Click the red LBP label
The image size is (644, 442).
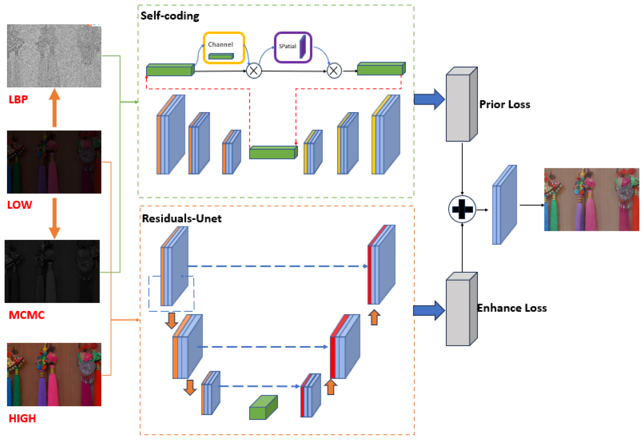coord(18,99)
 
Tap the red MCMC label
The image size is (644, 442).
coord(27,315)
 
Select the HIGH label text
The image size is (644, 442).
coord(22,418)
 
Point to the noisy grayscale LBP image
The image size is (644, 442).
coord(54,56)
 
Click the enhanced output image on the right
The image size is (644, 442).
coord(591,199)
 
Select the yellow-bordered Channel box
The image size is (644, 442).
coord(224,48)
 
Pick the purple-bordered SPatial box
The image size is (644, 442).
coord(293,47)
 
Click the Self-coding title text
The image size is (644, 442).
coord(170,16)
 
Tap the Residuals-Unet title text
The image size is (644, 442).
coord(182,219)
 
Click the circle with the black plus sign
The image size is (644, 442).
coord(462,209)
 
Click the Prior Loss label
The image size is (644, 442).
coord(505,104)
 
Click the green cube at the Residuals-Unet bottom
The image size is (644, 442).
coord(263,408)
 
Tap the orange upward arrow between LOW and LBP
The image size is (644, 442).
coord(55,108)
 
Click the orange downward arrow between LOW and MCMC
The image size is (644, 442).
coord(55,218)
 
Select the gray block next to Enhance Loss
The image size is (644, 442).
coord(461,309)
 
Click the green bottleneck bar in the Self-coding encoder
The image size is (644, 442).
coord(273,152)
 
